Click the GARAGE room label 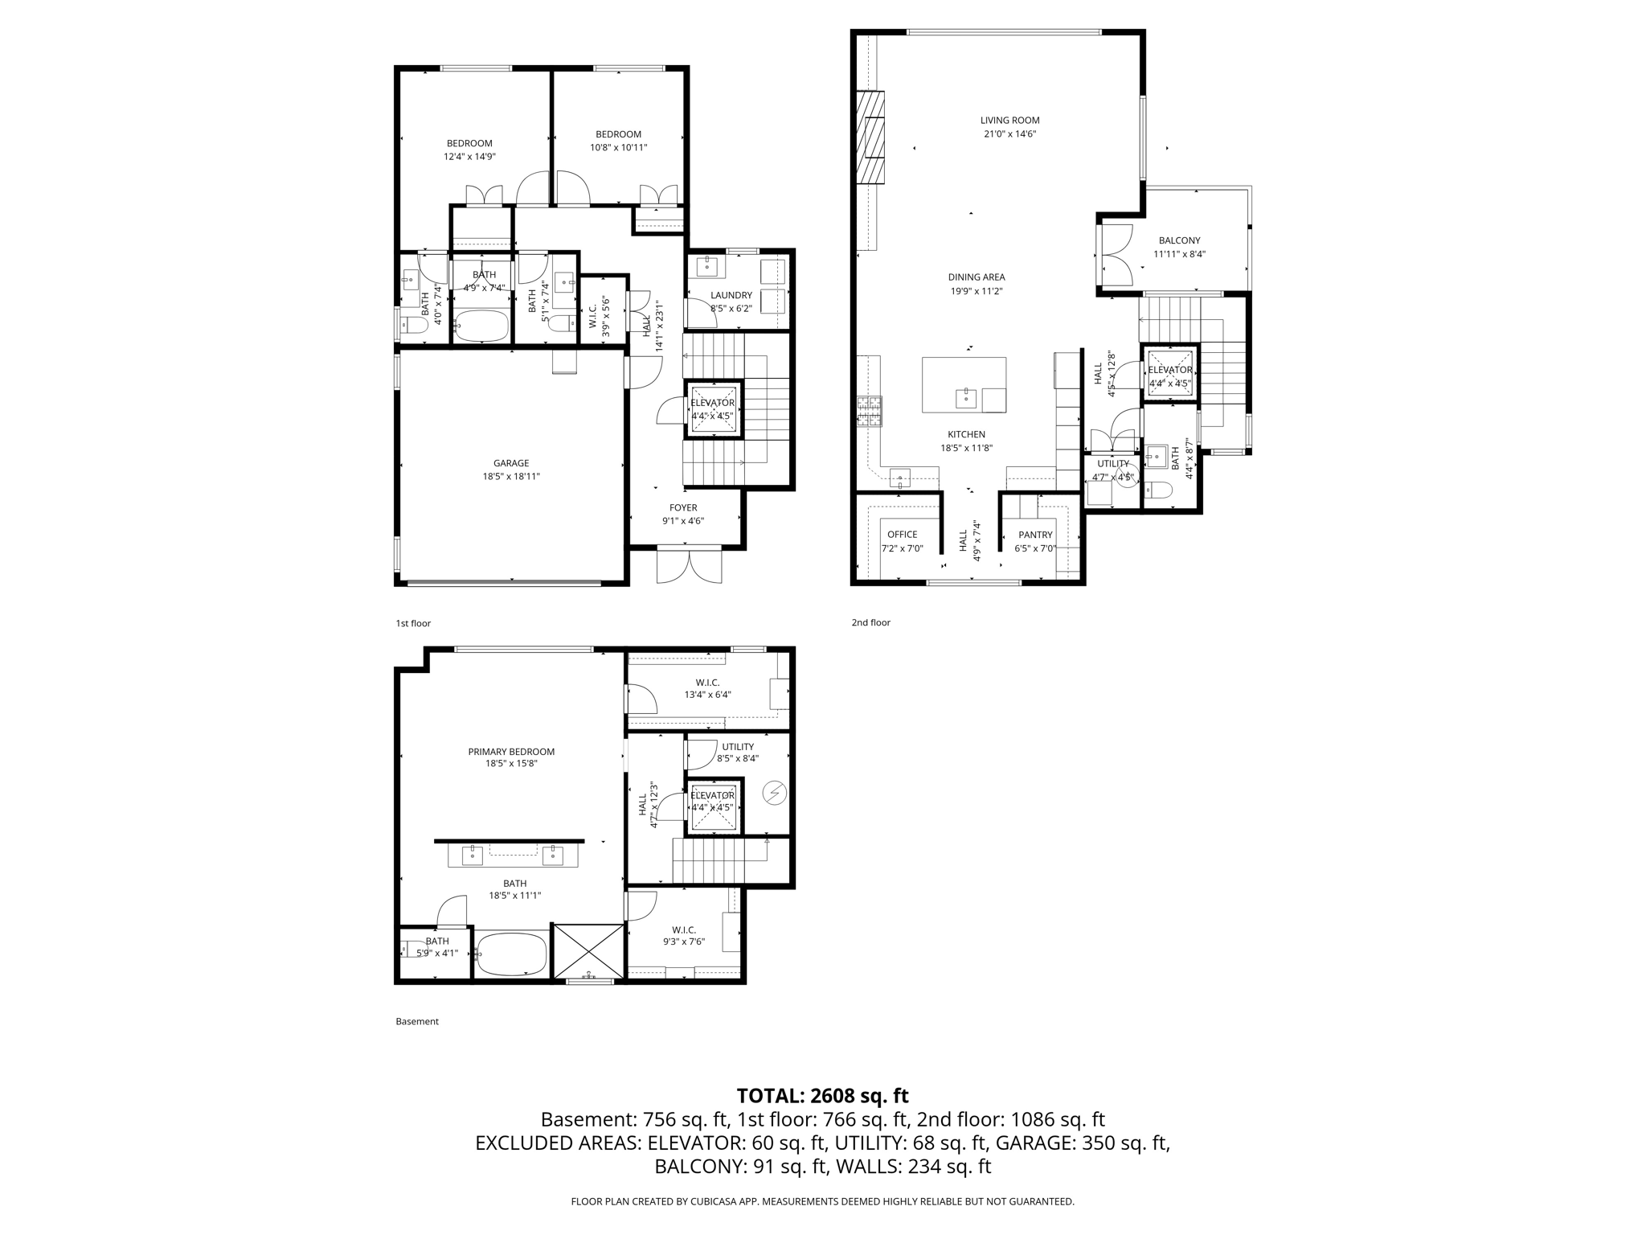point(511,463)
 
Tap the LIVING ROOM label point(1009,121)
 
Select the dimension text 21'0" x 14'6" point(1009,134)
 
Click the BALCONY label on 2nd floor point(1179,240)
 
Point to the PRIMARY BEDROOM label point(511,752)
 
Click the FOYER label point(683,507)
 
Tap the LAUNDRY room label point(731,295)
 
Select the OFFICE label point(902,535)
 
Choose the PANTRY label point(1035,535)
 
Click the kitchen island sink point(965,396)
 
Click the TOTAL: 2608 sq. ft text point(822,1096)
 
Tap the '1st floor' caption point(413,623)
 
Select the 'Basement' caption point(417,1021)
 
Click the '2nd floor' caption point(871,622)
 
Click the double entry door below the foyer point(689,565)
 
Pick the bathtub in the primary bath point(511,954)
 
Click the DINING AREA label point(977,277)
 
